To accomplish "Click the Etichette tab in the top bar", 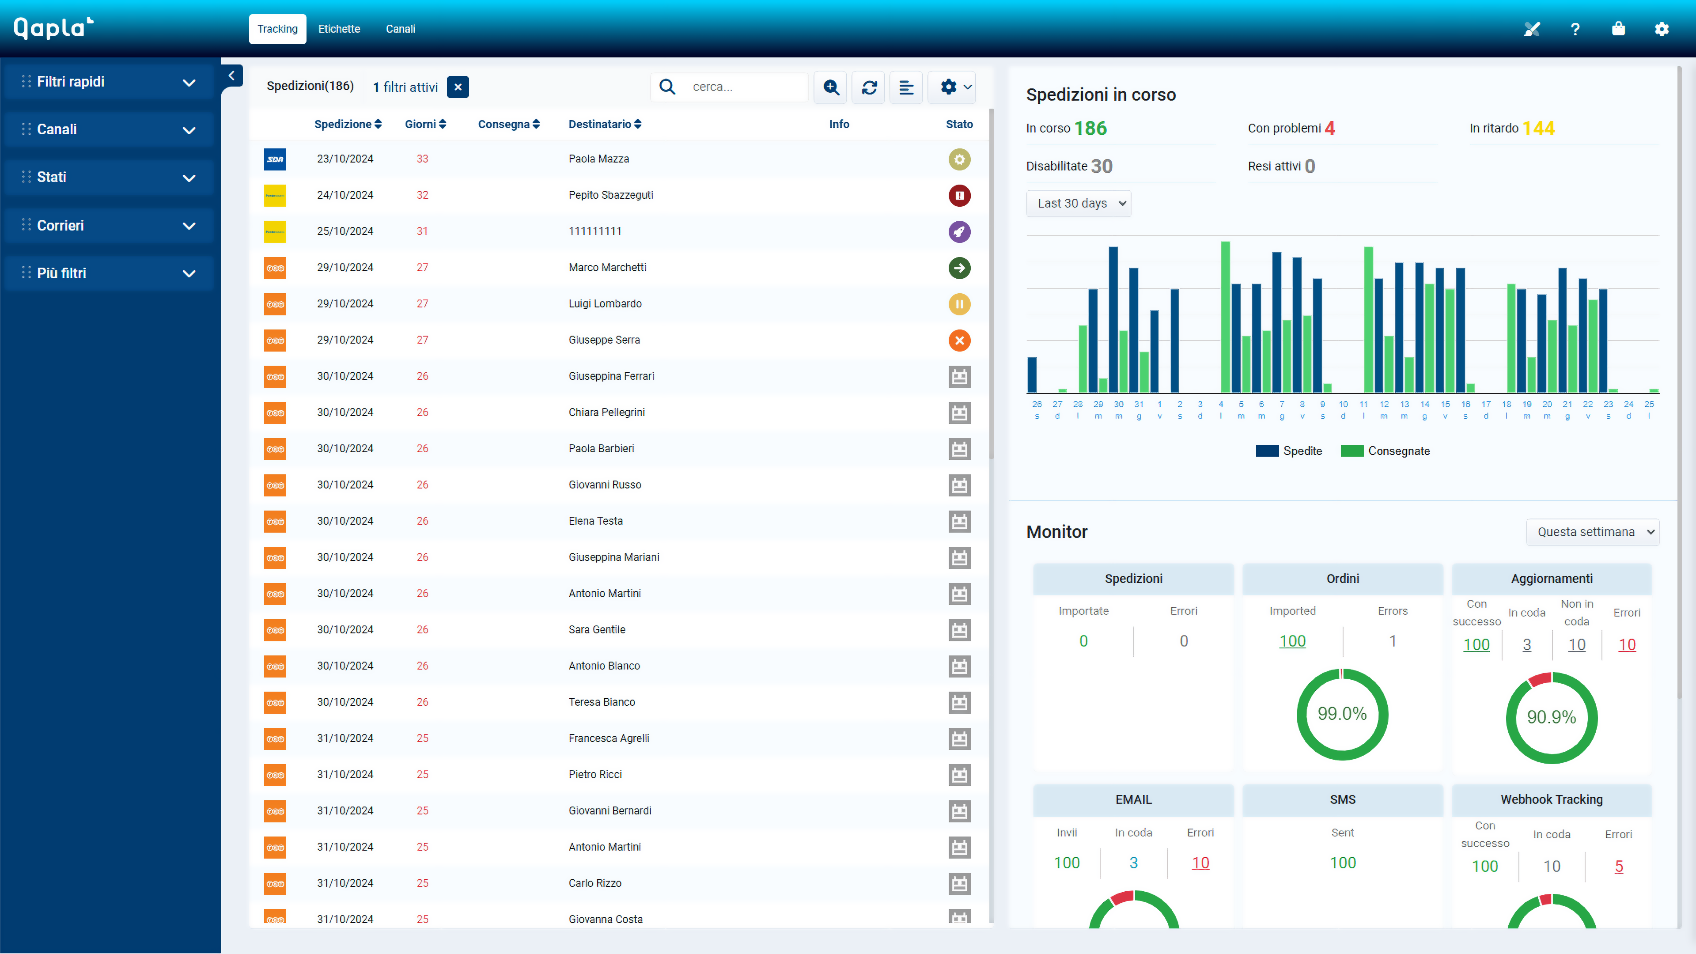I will pyautogui.click(x=339, y=29).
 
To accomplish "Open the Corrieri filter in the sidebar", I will pyautogui.click(x=109, y=225).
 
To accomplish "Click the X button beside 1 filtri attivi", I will pyautogui.click(x=458, y=87).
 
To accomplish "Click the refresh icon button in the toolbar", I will pyautogui.click(x=869, y=87).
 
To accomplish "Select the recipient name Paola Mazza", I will pyautogui.click(x=598, y=159).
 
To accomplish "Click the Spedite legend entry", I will pyautogui.click(x=1289, y=451).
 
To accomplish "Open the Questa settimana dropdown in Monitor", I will pyautogui.click(x=1592, y=532).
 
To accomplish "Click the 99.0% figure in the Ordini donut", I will pyautogui.click(x=1342, y=714).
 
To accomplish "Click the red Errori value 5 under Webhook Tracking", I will pyautogui.click(x=1618, y=867).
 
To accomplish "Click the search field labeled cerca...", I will pyautogui.click(x=744, y=87).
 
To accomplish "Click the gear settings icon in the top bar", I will pyautogui.click(x=1661, y=29).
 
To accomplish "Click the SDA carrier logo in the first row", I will pyautogui.click(x=275, y=159).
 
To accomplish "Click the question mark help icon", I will pyautogui.click(x=1575, y=29).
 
